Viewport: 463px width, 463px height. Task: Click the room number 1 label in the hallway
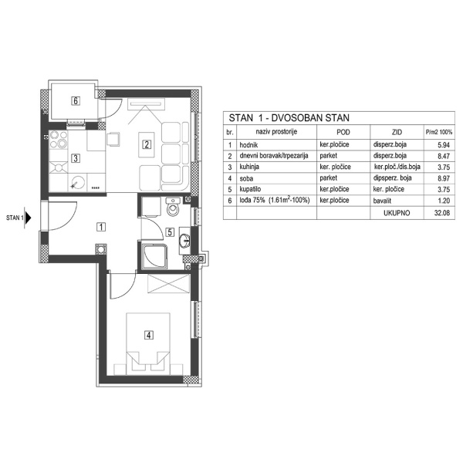tap(101, 226)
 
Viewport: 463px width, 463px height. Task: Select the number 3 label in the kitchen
tap(75, 159)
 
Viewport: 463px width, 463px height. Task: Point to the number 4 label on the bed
tap(147, 336)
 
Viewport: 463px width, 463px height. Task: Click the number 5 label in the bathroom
tap(170, 231)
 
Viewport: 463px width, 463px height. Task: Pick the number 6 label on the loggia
tap(76, 100)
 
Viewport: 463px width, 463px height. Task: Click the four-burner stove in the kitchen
tap(59, 141)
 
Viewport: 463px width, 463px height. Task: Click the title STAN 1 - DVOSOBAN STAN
tap(289, 118)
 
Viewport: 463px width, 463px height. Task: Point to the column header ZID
tap(396, 133)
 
